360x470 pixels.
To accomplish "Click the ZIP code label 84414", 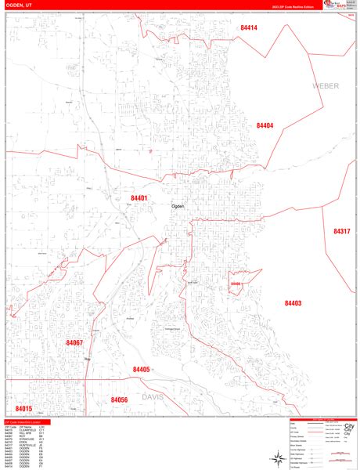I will pos(249,27).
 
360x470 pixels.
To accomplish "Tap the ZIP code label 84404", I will pos(265,125).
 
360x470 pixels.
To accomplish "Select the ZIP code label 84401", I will pos(139,198).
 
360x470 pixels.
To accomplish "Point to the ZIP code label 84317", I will pos(341,232).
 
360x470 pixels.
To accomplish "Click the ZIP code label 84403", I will pos(293,303).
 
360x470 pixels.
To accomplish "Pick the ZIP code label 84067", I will pos(74,343).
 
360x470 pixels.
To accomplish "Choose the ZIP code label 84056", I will pos(119,399).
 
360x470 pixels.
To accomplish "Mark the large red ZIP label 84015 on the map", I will pos(23,409).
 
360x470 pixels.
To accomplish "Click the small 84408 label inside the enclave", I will pos(236,284).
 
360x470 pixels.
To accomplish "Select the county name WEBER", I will pos(326,85).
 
